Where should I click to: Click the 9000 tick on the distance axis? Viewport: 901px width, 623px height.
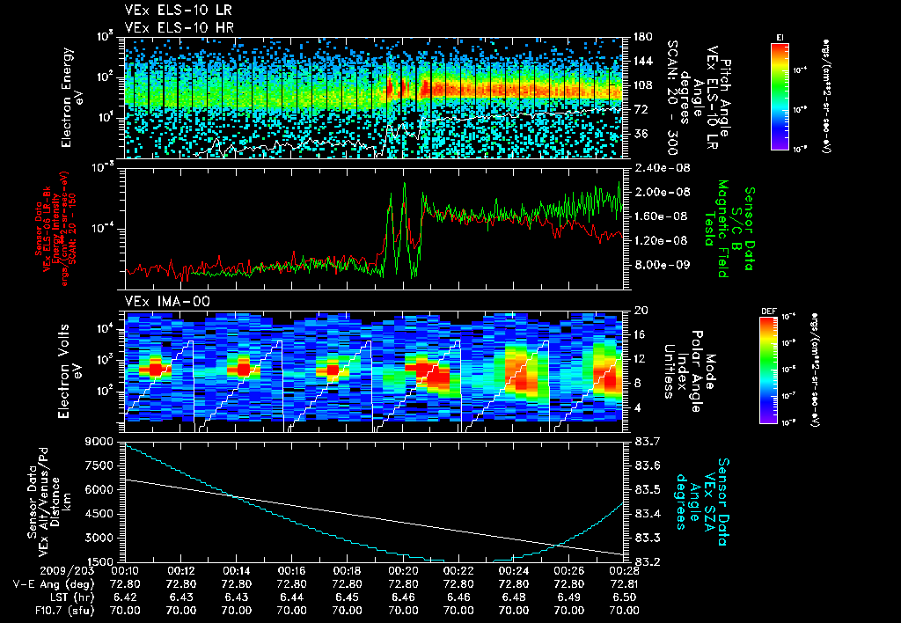[104, 440]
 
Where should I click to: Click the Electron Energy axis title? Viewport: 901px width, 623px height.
[72, 97]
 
